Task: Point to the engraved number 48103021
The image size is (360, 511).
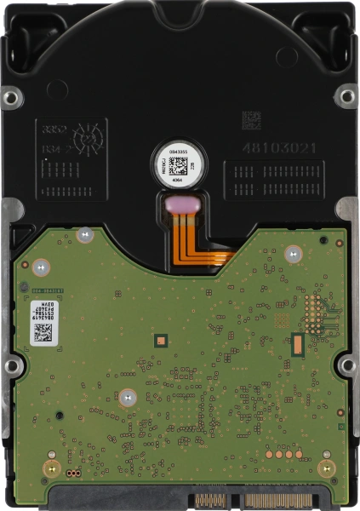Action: coord(279,148)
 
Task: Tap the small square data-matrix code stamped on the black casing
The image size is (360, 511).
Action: coord(253,118)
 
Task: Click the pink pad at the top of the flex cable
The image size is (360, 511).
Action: coord(180,203)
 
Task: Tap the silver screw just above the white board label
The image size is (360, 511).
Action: coord(38,268)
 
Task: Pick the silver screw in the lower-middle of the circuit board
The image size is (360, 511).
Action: coord(127,395)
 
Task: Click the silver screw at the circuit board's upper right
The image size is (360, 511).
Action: coord(292,253)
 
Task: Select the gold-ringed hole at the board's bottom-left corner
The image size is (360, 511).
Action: coord(51,468)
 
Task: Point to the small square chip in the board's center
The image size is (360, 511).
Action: coord(158,340)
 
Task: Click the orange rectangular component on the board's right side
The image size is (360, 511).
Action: coord(298,343)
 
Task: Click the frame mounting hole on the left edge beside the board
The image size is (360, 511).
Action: coord(12,366)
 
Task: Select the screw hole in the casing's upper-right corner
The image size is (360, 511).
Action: coord(346,95)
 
